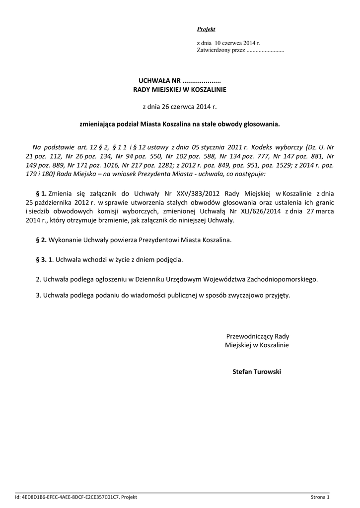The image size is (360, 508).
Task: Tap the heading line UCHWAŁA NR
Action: click(x=179, y=81)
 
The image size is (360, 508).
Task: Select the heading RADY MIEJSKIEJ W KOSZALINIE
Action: click(x=180, y=90)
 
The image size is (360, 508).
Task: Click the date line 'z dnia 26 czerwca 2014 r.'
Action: click(x=180, y=106)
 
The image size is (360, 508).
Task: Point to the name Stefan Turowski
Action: click(x=257, y=372)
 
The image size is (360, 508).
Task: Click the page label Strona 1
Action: click(x=320, y=497)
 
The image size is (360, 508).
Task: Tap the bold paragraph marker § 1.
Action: click(x=41, y=193)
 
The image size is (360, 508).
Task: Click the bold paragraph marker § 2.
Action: click(x=41, y=240)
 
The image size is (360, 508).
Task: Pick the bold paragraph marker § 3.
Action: click(x=41, y=259)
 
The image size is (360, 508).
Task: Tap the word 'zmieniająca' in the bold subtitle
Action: click(x=96, y=125)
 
